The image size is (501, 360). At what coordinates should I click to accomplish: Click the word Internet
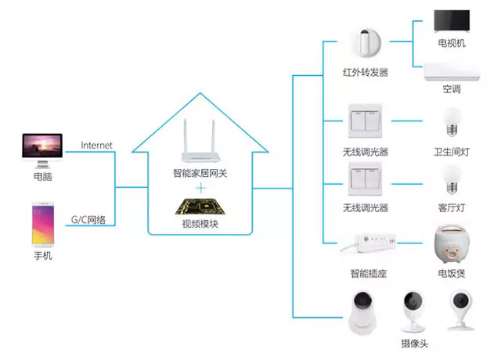(97, 146)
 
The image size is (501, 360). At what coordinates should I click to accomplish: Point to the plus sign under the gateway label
(200, 188)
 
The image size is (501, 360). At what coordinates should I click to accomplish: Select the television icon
(451, 24)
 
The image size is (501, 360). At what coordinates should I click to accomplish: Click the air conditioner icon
(451, 73)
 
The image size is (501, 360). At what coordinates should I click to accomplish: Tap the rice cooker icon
(451, 244)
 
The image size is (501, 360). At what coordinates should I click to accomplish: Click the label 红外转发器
(365, 73)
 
